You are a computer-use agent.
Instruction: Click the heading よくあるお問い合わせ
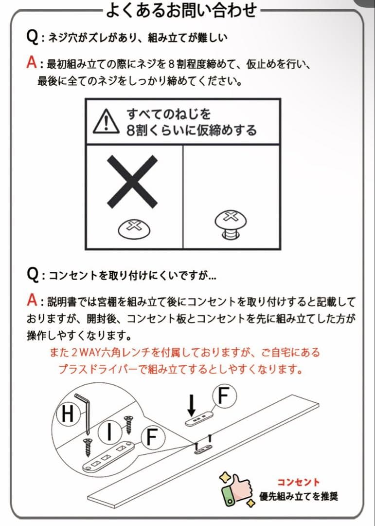click(x=180, y=9)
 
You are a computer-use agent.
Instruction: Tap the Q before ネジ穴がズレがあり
click(x=33, y=36)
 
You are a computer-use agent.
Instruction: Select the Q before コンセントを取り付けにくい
click(x=33, y=275)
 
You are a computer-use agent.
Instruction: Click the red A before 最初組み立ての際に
click(x=32, y=63)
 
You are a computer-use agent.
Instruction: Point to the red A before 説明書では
click(x=32, y=301)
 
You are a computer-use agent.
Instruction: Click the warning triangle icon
click(x=106, y=121)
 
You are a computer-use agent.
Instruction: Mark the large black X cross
click(x=132, y=180)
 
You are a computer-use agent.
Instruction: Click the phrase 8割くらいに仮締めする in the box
click(x=191, y=131)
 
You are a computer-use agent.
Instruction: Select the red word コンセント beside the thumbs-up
click(x=299, y=482)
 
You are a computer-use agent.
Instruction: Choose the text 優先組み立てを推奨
click(x=299, y=497)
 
